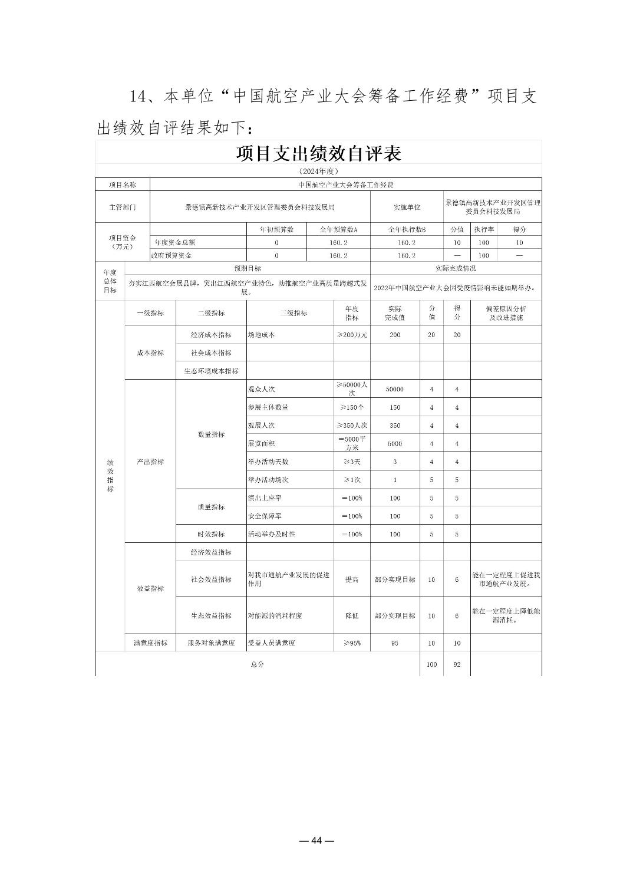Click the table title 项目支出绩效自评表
point(318,153)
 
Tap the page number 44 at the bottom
point(316,841)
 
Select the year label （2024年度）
point(318,171)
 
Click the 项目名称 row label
point(123,185)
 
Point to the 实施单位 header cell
point(407,207)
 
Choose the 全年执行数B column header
point(407,229)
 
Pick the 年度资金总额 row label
point(175,242)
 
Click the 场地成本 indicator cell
point(261,334)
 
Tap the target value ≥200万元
point(352,334)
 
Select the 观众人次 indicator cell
point(261,389)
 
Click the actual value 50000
point(395,389)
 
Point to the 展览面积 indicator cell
point(261,443)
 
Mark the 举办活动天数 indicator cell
point(268,462)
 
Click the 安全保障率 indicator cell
point(265,516)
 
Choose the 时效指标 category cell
point(211,534)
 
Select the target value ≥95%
point(352,643)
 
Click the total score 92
point(457,664)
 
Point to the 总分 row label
point(257,664)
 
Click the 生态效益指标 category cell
point(211,615)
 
